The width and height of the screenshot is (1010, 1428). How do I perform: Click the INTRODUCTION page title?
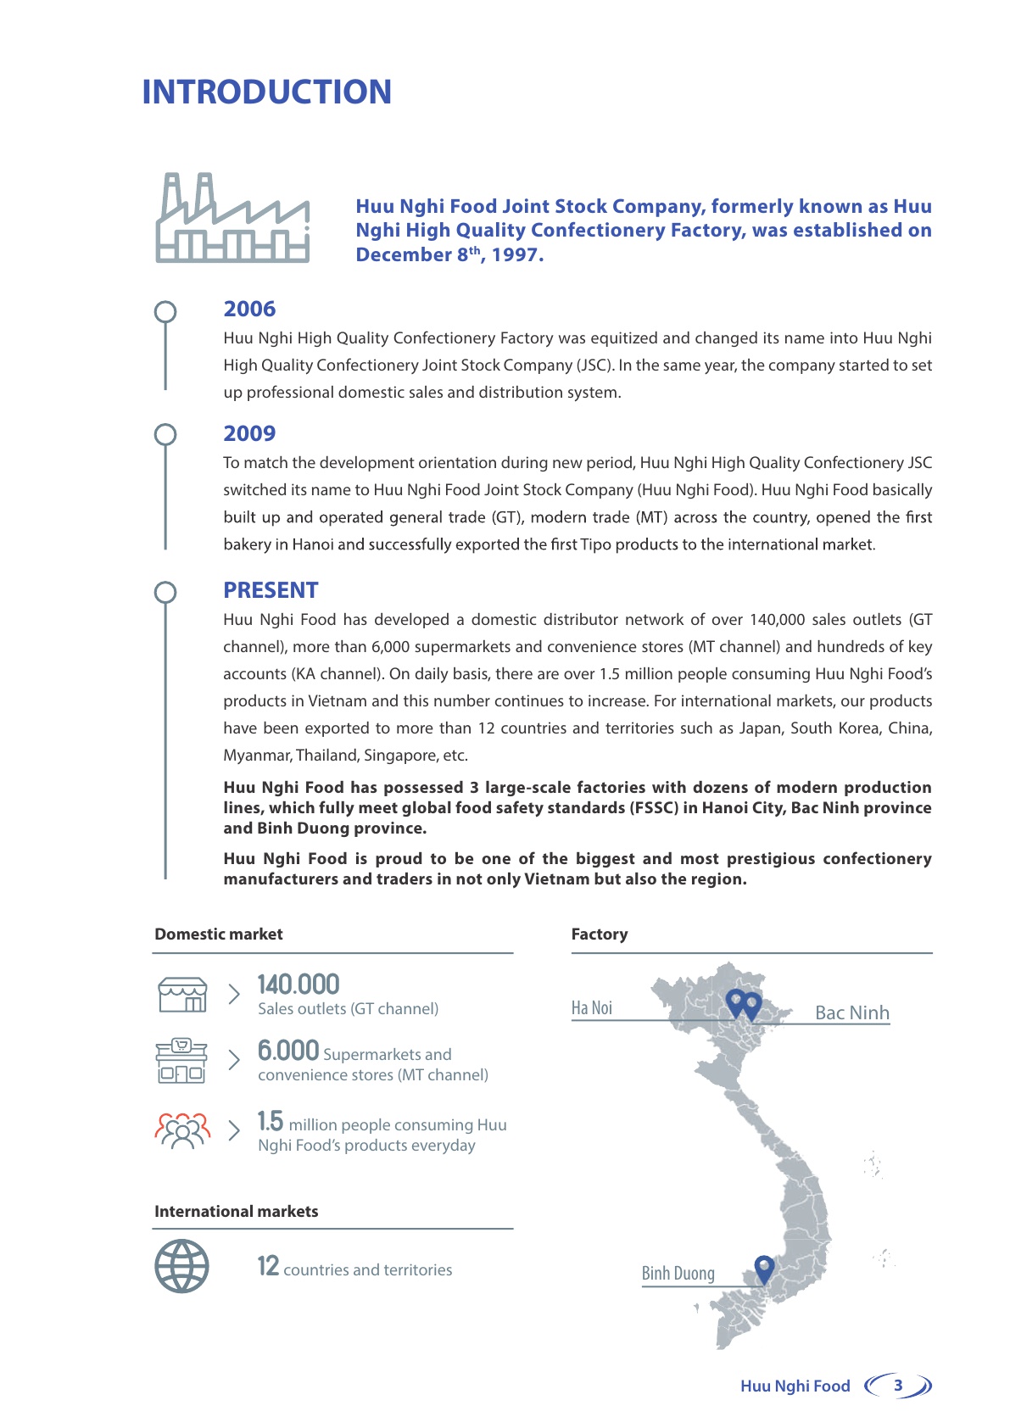pyautogui.click(x=266, y=92)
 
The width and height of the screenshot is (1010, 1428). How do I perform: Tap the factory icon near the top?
pyautogui.click(x=232, y=218)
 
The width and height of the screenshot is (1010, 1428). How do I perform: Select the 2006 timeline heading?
pyautogui.click(x=249, y=309)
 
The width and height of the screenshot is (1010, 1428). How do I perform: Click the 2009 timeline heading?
pyautogui.click(x=249, y=433)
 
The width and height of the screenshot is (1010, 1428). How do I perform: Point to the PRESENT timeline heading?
pyautogui.click(x=271, y=590)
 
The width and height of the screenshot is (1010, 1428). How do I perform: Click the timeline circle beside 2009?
pyautogui.click(x=165, y=435)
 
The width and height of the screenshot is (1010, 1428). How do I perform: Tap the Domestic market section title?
pyautogui.click(x=219, y=934)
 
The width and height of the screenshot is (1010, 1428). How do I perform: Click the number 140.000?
pyautogui.click(x=299, y=984)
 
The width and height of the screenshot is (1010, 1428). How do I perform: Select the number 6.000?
pyautogui.click(x=288, y=1051)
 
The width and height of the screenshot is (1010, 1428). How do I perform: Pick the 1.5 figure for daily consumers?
pyautogui.click(x=271, y=1121)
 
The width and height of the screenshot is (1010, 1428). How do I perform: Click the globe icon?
pyautogui.click(x=181, y=1266)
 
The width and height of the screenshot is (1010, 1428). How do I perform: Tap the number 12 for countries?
pyautogui.click(x=268, y=1266)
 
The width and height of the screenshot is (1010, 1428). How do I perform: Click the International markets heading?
pyautogui.click(x=236, y=1211)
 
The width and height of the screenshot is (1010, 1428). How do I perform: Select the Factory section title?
pyautogui.click(x=600, y=934)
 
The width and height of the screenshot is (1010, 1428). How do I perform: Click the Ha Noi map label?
pyautogui.click(x=592, y=1007)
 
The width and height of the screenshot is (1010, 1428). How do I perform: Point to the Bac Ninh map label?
pyautogui.click(x=851, y=1012)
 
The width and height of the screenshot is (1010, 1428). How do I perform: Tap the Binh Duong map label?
pyautogui.click(x=678, y=1273)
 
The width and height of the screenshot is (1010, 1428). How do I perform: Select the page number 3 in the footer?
pyautogui.click(x=898, y=1385)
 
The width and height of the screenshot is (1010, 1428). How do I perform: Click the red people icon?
pyautogui.click(x=181, y=1130)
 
